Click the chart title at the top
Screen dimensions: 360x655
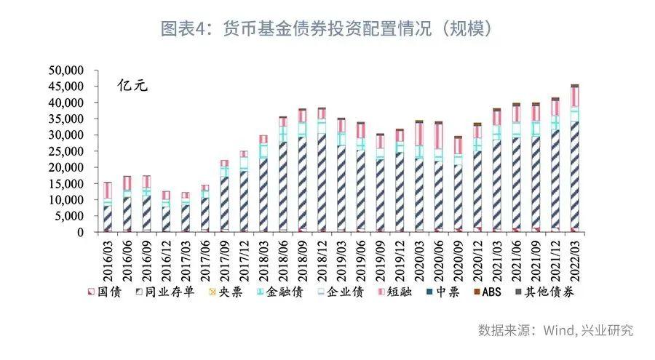[327, 28]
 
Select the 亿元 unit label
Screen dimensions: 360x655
[132, 85]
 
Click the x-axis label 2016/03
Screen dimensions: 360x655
[108, 257]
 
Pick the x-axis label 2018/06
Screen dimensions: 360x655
[283, 257]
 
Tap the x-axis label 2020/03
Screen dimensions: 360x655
[419, 257]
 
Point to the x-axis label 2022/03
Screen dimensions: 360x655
[575, 257]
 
